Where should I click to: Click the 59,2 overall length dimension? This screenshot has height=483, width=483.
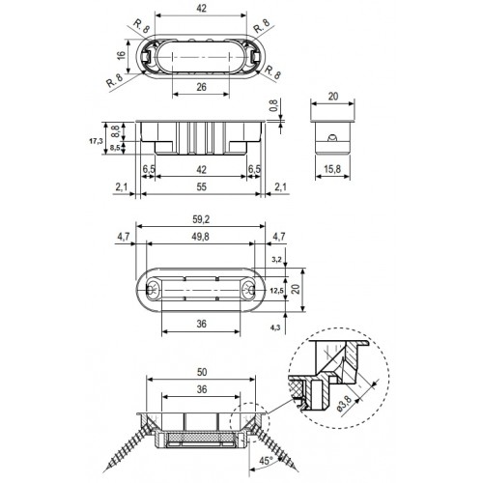pos(201,219)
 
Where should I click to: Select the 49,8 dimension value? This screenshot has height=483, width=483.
pos(200,237)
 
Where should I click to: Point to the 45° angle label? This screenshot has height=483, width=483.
pos(267,461)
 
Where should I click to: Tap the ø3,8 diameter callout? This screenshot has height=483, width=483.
pos(345,404)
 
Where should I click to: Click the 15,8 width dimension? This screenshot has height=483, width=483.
pos(332,169)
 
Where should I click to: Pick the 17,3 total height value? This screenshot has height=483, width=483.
pos(96,141)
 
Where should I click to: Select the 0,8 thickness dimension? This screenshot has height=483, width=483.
pos(273,105)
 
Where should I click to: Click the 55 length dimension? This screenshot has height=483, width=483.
pos(201,186)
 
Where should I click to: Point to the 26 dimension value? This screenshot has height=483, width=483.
pos(201,87)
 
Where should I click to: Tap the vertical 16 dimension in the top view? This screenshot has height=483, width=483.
pos(121,55)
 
